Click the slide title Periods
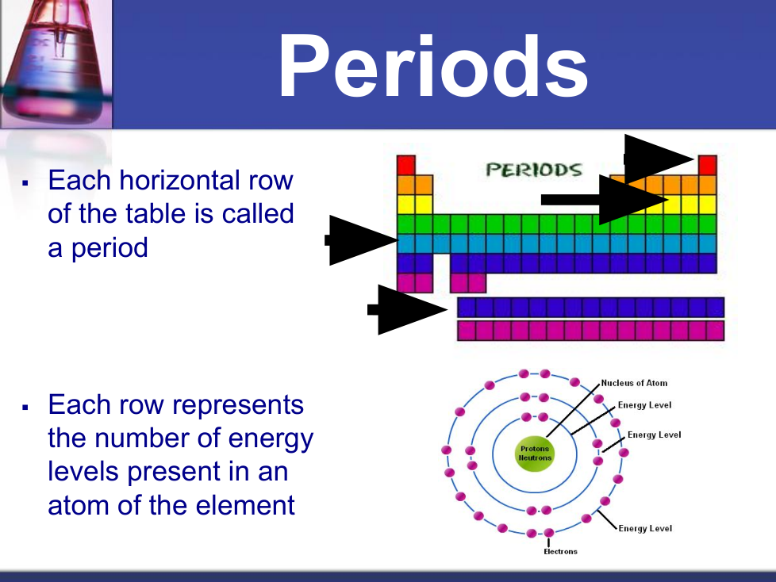click(433, 66)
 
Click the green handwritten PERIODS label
click(533, 170)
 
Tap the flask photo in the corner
click(56, 63)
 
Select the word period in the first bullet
click(109, 248)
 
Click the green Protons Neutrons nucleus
click(535, 454)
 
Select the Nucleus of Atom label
click(634, 383)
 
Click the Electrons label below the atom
click(560, 551)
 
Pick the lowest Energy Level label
click(645, 529)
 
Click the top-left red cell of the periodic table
click(405, 165)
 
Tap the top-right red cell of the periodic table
click(708, 165)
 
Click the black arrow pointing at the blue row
click(361, 240)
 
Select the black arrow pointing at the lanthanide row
click(407, 310)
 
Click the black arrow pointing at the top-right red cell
click(659, 159)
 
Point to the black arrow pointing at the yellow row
click(605, 200)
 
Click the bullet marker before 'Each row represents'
click(25, 407)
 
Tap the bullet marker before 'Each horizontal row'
click(25, 183)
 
